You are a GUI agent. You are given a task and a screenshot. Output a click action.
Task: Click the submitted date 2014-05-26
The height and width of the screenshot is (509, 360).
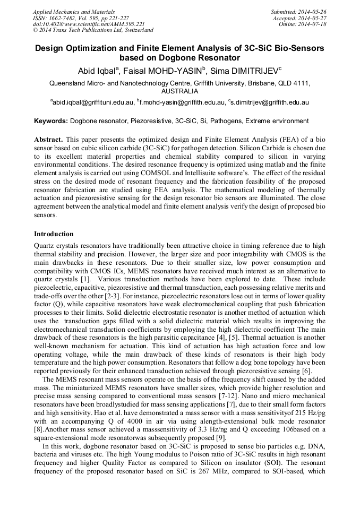(x=312, y=12)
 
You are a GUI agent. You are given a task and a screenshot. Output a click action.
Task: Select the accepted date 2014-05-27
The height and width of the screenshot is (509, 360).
(x=312, y=18)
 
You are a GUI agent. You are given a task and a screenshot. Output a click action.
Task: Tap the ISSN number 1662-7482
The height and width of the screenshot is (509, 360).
(x=66, y=18)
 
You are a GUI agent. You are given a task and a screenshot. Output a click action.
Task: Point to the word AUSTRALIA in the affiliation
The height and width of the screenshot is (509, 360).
(x=179, y=91)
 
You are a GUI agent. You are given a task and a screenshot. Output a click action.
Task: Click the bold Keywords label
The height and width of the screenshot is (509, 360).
(x=51, y=121)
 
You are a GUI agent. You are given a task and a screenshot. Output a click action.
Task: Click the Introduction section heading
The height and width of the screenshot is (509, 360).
(x=54, y=234)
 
